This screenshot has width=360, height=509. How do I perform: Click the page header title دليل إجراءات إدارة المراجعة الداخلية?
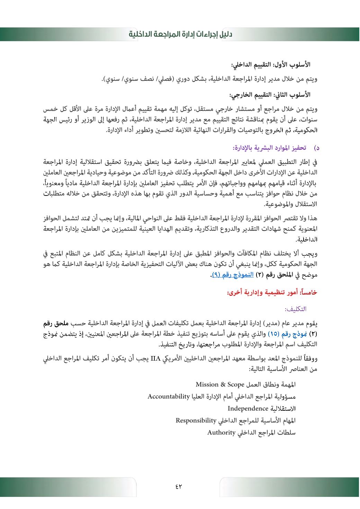point(180,35)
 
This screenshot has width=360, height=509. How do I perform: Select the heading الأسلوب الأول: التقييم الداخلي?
point(271,65)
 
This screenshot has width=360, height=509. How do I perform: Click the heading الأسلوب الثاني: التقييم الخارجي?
point(270,94)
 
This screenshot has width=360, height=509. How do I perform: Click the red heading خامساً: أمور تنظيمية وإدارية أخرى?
point(272,293)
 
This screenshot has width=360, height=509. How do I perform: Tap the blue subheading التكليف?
point(295,309)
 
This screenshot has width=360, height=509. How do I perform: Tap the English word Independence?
point(248,408)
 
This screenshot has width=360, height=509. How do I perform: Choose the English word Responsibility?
point(196,420)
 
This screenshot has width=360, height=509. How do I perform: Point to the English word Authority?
point(221,433)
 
